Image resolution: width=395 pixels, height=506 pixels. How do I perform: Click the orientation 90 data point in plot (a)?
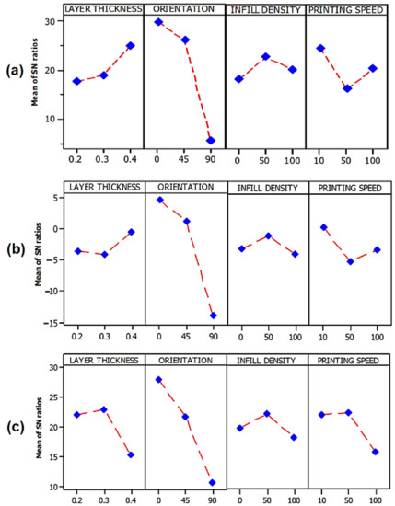pos(211,141)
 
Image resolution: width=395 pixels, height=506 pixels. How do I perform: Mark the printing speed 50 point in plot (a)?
pos(346,88)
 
